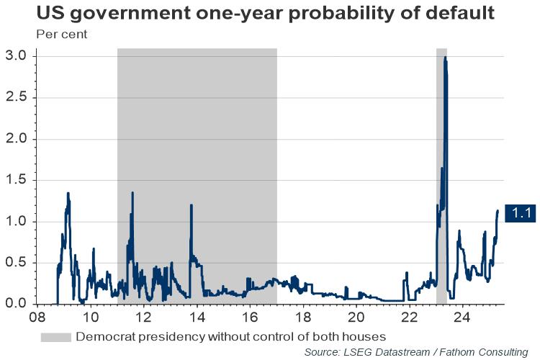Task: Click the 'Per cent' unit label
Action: tap(56, 35)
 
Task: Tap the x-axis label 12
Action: tap(143, 317)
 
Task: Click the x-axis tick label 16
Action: tap(250, 317)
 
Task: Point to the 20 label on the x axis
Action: tap(356, 317)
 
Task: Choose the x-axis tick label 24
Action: tap(462, 317)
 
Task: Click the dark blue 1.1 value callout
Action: tap(521, 212)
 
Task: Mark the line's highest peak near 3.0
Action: tap(446, 58)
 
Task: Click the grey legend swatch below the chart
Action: tap(55, 336)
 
